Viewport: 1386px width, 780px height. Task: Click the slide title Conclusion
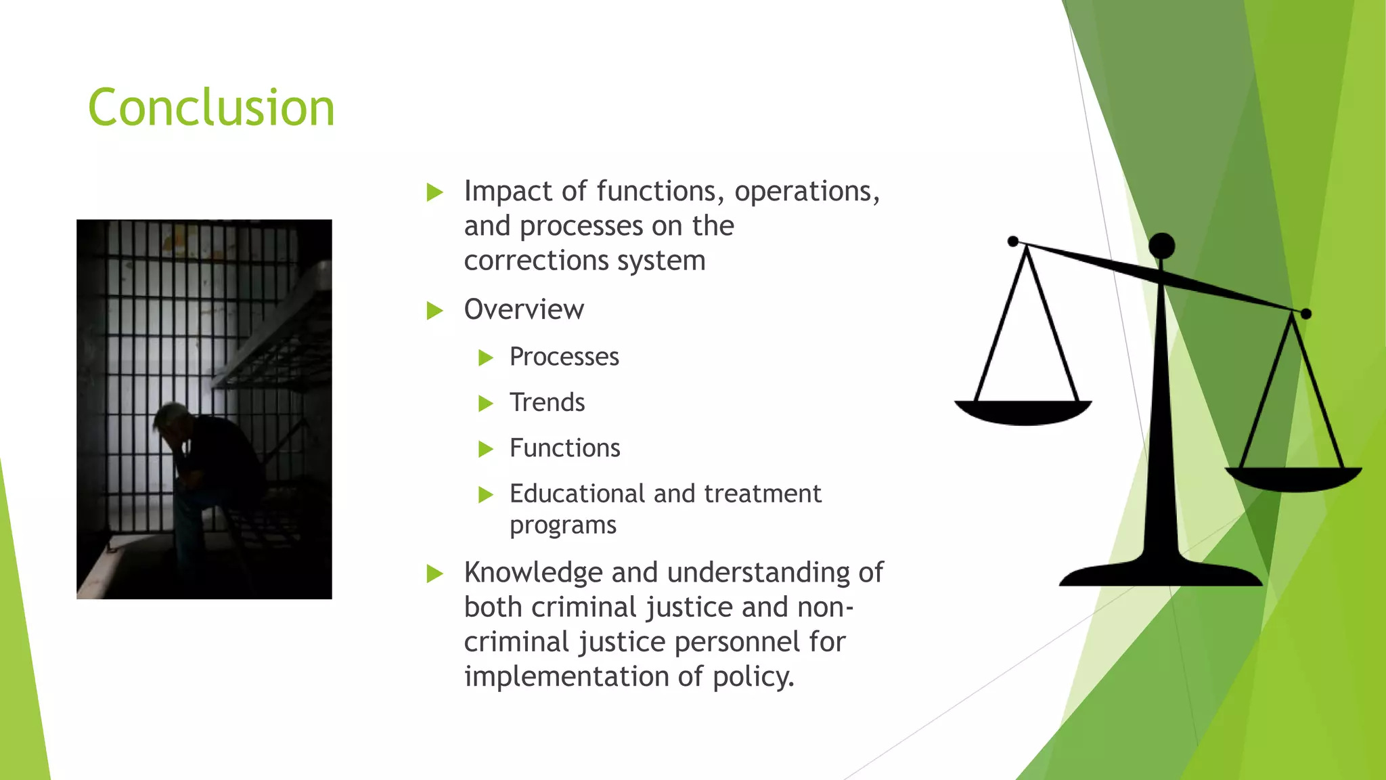[211, 108]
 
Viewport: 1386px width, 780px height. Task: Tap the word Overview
[524, 310]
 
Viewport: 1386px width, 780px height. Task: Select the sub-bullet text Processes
[564, 357]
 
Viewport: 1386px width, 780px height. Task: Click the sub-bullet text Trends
[547, 403]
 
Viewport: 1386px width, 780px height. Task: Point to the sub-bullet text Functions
[564, 448]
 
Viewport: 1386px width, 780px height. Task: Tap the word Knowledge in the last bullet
[533, 573]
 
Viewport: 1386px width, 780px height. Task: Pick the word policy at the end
[753, 677]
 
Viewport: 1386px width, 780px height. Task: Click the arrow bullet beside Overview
[434, 311]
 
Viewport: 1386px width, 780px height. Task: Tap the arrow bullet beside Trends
[485, 404]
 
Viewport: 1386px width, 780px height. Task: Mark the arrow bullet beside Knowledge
[434, 574]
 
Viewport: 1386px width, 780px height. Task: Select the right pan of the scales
[1293, 478]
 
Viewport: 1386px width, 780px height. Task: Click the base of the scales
[1160, 574]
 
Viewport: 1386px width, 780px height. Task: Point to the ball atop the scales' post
[1162, 246]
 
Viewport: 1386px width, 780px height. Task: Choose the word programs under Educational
[562, 525]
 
